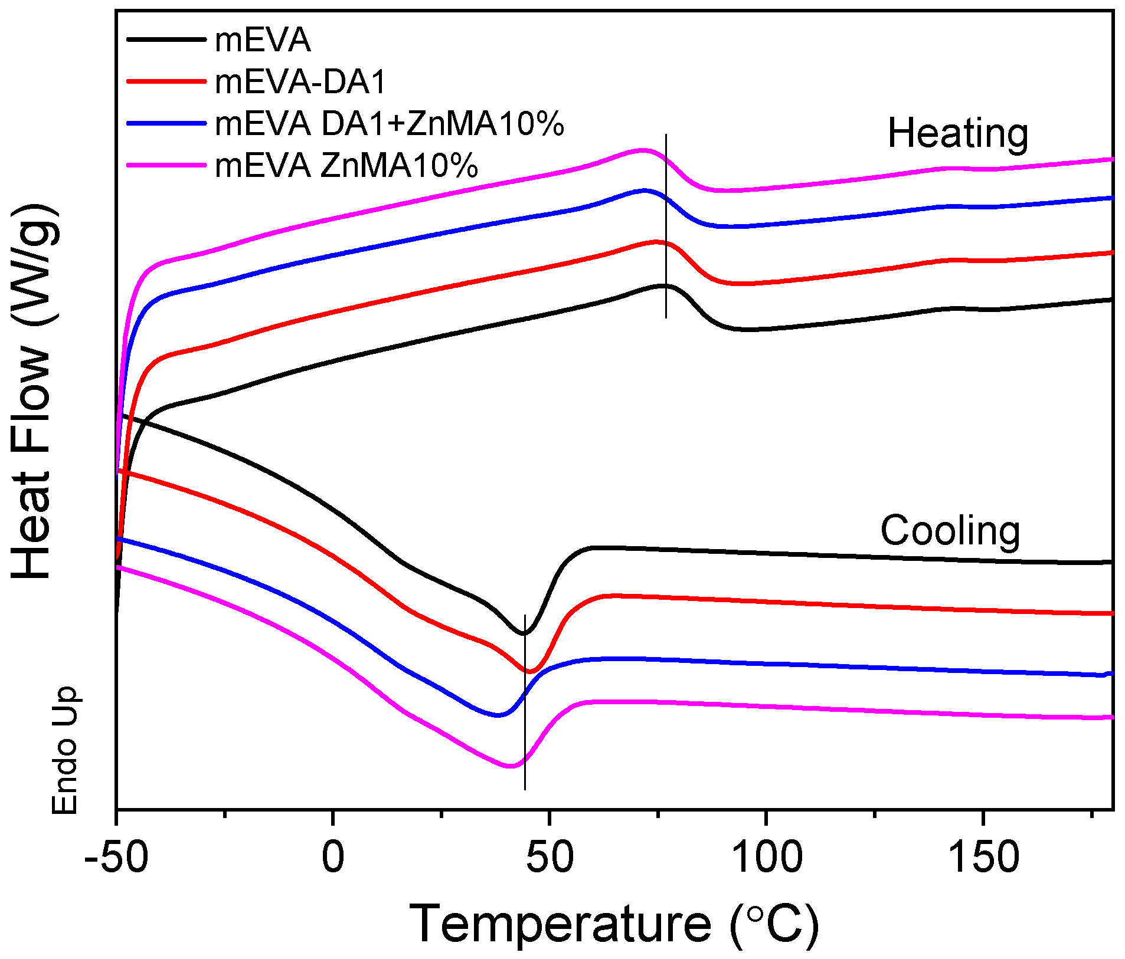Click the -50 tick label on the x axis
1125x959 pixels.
pyautogui.click(x=116, y=858)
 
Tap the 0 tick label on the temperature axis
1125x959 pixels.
pyautogui.click(x=333, y=858)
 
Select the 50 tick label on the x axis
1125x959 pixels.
pyautogui.click(x=550, y=858)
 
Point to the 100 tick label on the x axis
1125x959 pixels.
pyautogui.click(x=766, y=858)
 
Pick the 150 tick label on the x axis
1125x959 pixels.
pyautogui.click(x=983, y=858)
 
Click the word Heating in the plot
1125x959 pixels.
pyautogui.click(x=958, y=133)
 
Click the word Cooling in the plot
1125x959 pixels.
pyautogui.click(x=950, y=531)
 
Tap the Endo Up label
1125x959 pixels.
pyautogui.click(x=65, y=750)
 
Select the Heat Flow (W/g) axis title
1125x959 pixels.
pyautogui.click(x=35, y=392)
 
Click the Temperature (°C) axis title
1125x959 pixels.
pyautogui.click(x=614, y=924)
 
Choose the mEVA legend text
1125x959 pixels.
pyautogui.click(x=263, y=40)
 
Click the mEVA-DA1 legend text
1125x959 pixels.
pyautogui.click(x=300, y=82)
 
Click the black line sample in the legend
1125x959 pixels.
pyautogui.click(x=166, y=39)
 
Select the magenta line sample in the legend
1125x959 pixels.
pyautogui.click(x=166, y=165)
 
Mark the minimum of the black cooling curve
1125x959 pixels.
pyautogui.click(x=523, y=633)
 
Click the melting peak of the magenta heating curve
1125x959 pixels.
pyautogui.click(x=643, y=150)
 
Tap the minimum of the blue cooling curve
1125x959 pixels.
pyautogui.click(x=498, y=715)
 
